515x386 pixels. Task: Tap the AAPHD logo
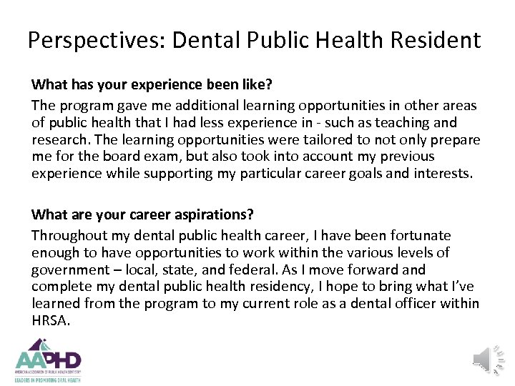click(48, 360)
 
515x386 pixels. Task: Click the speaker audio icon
click(489, 359)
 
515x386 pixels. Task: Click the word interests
click(443, 174)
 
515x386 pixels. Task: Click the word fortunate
click(419, 235)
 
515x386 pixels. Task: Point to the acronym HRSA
click(50, 321)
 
